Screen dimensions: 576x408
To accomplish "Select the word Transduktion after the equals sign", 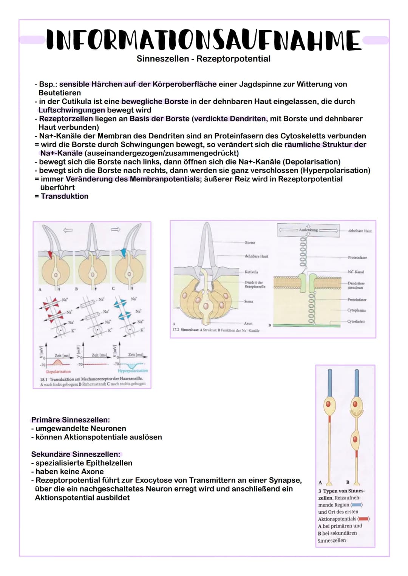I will [x=65, y=196].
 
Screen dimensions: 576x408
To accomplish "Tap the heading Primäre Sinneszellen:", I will [x=71, y=420].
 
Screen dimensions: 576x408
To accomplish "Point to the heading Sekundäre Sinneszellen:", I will [x=76, y=454].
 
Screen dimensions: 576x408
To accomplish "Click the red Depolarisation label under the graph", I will [x=58, y=372].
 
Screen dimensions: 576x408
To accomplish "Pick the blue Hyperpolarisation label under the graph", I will [x=133, y=371].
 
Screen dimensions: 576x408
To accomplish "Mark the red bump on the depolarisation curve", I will [x=57, y=362].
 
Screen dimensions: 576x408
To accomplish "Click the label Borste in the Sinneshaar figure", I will [x=250, y=243].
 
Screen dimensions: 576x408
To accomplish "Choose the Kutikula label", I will [x=251, y=272].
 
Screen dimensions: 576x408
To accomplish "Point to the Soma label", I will [x=249, y=301].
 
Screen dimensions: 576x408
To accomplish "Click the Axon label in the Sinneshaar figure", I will [x=248, y=323].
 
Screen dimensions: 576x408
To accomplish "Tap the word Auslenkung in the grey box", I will [x=308, y=230].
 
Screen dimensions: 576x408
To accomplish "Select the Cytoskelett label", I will [x=356, y=321].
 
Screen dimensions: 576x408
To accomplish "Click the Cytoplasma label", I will [x=356, y=310].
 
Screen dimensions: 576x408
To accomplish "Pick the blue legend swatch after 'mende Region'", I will [x=357, y=505].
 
